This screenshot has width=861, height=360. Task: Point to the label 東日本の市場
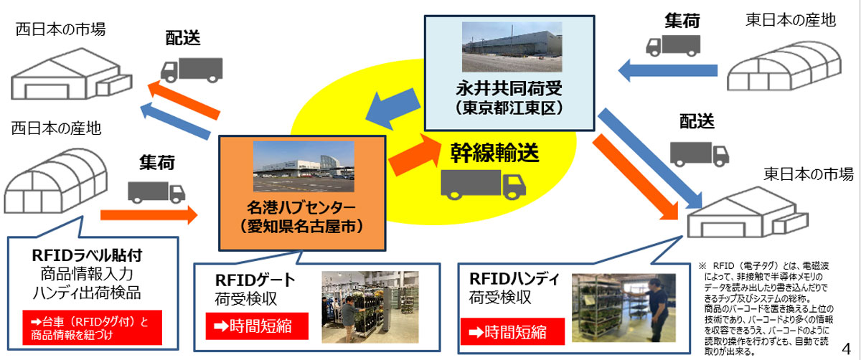[806, 174]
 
